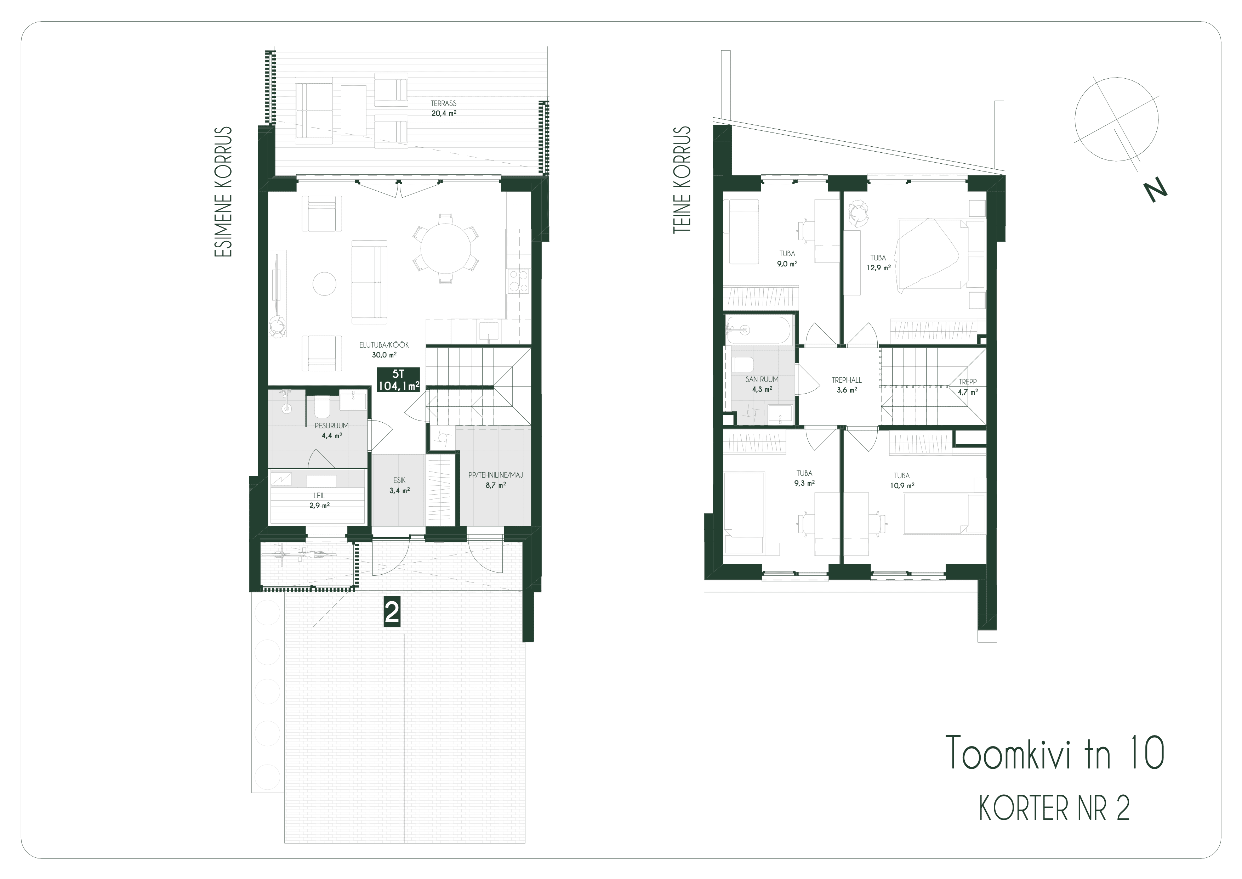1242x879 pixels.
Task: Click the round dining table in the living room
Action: [446, 248]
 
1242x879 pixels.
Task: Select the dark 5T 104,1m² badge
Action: [398, 379]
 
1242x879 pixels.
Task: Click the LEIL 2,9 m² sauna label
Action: [319, 501]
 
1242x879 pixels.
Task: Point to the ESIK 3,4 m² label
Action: [399, 485]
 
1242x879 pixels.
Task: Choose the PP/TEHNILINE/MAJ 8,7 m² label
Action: [496, 480]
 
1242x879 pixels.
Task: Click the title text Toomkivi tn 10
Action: [1054, 753]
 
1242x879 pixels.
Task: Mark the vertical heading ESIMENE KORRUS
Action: [223, 192]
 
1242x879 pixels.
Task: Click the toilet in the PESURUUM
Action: [322, 407]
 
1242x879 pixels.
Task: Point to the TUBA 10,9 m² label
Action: [902, 481]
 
